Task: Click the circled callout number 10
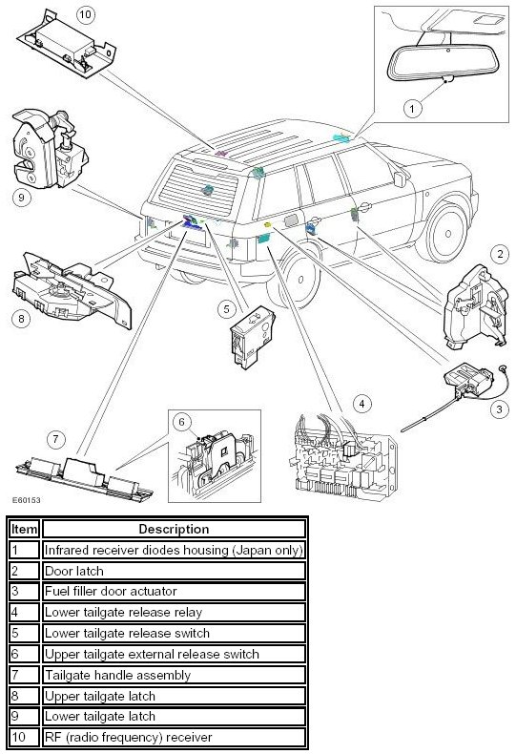coord(85,14)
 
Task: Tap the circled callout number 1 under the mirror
coord(412,109)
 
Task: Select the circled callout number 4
coord(361,403)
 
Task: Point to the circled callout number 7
coord(55,439)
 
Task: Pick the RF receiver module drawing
coord(68,44)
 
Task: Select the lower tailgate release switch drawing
coord(252,337)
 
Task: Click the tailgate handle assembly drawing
coord(84,476)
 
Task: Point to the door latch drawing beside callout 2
coord(475,307)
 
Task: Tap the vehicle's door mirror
coord(400,178)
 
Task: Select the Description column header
coord(174,529)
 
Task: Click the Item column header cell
coord(24,529)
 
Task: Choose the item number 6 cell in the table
coord(24,654)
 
